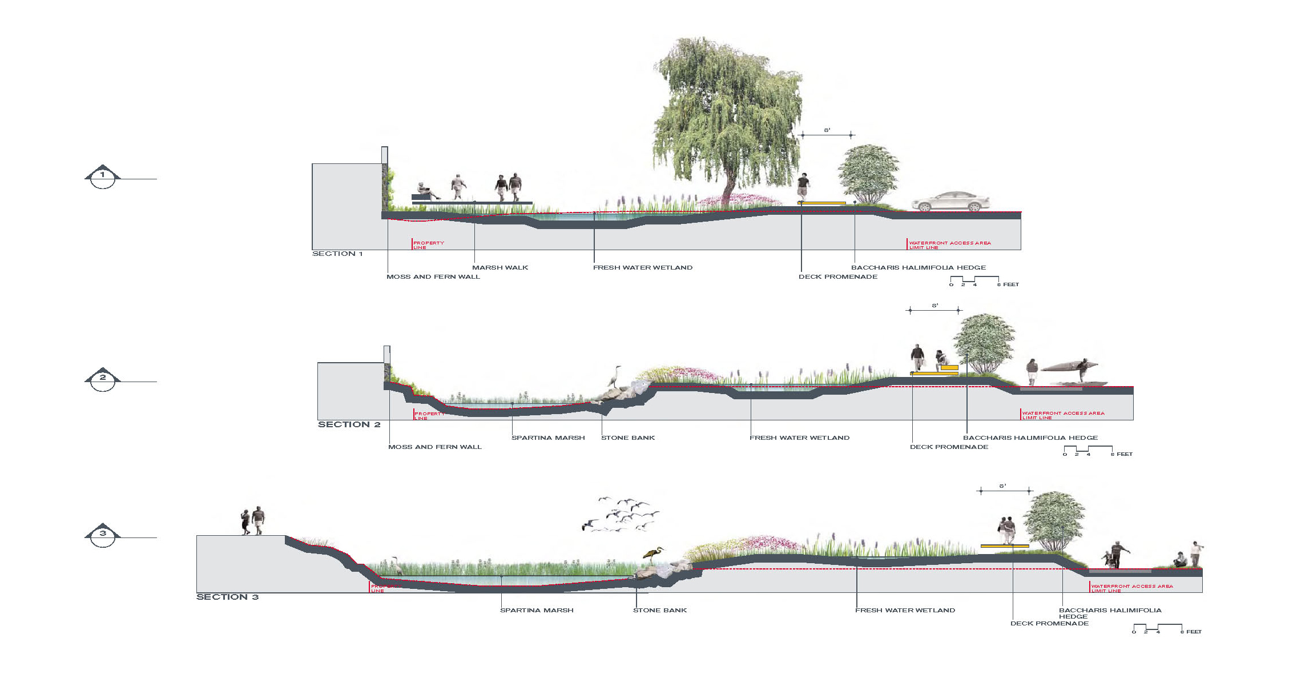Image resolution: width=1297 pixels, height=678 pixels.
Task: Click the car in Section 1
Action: pyautogui.click(x=950, y=202)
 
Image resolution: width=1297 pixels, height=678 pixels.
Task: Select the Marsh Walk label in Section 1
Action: pyautogui.click(x=500, y=267)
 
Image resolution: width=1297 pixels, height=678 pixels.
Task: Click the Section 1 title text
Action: pyautogui.click(x=337, y=254)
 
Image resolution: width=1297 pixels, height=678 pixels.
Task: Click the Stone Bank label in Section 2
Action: pyautogui.click(x=628, y=438)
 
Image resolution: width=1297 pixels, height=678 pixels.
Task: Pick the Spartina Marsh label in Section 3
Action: pyautogui.click(x=537, y=610)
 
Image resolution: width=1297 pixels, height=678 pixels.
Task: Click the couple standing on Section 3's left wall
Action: pyautogui.click(x=253, y=520)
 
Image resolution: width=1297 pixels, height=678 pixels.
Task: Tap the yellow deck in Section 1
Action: pyautogui.click(x=822, y=203)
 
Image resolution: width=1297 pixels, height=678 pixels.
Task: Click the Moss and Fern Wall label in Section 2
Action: pyautogui.click(x=435, y=447)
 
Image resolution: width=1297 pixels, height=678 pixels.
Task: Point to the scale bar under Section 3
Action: pyautogui.click(x=1159, y=628)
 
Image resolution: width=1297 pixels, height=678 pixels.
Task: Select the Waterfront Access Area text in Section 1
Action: pyautogui.click(x=950, y=243)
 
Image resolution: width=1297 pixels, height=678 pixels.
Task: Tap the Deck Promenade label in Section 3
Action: pyautogui.click(x=1049, y=623)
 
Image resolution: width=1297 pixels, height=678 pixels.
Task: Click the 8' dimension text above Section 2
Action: pyautogui.click(x=935, y=306)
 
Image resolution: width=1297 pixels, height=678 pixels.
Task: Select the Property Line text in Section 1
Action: pyautogui.click(x=428, y=245)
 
